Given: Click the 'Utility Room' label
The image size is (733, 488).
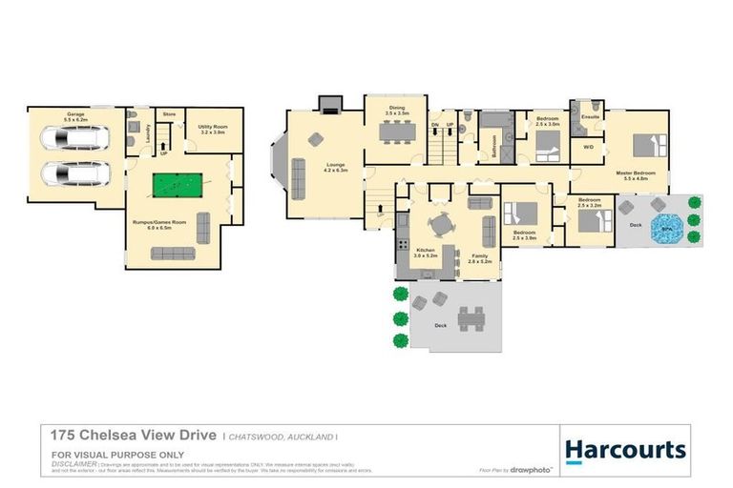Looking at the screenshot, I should pos(211,129).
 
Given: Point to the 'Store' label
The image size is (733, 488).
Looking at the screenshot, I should pos(170,114).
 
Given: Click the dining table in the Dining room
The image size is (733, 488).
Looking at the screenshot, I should pos(396,132).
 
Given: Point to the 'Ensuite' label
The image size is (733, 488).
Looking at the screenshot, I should pos(589,119).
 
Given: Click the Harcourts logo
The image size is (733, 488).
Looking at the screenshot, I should pos(625,450).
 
